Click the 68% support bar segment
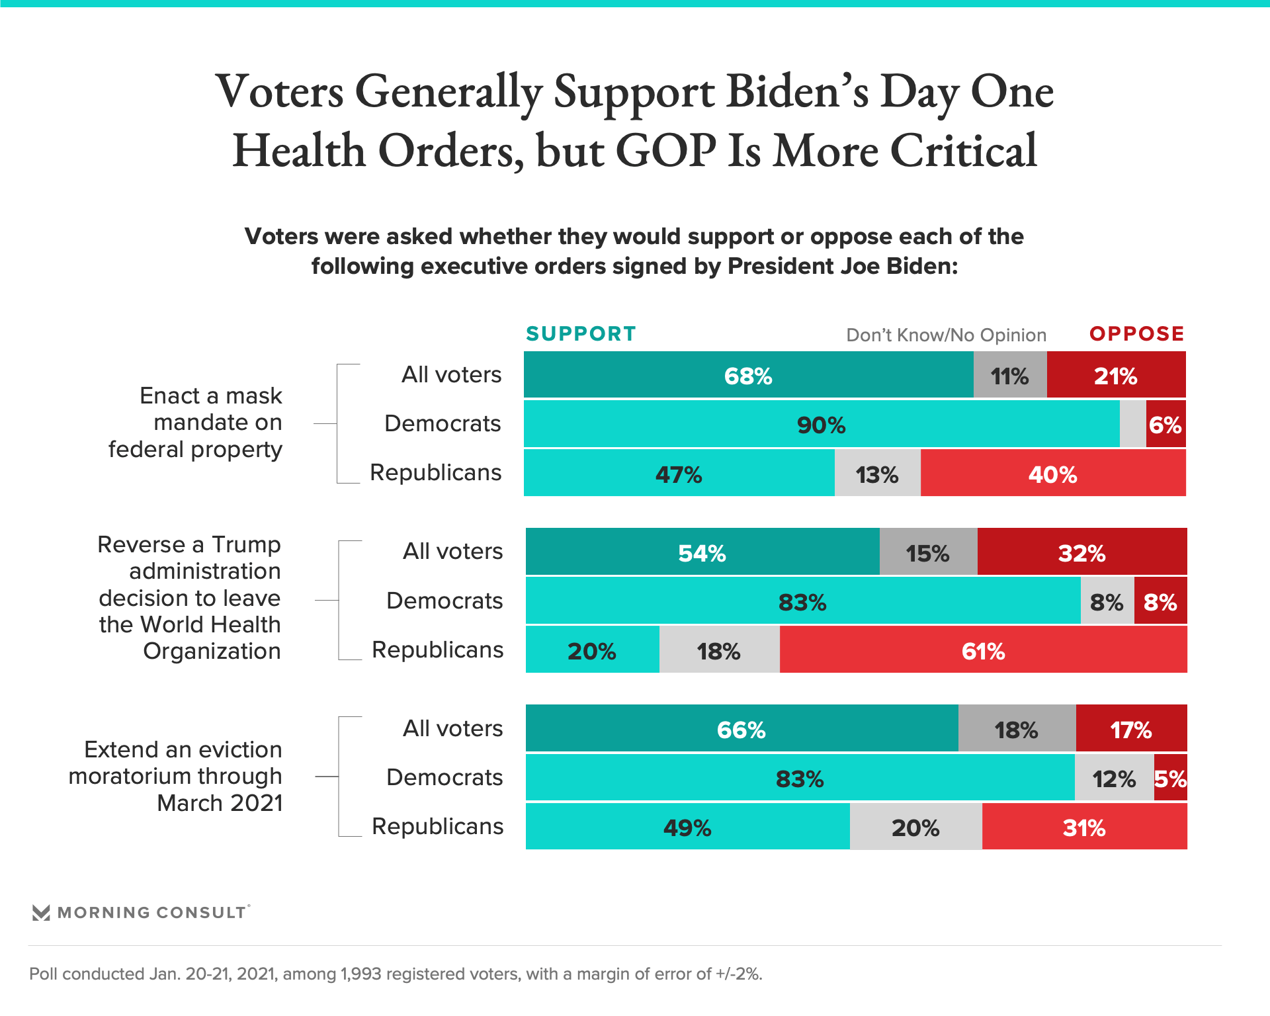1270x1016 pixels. (748, 375)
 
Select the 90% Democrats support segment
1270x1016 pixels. (821, 424)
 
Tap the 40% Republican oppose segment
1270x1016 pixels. (1052, 474)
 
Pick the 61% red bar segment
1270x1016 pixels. (983, 650)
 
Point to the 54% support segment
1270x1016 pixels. (702, 552)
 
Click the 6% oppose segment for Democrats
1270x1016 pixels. (1165, 424)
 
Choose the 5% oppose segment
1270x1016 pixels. (1170, 778)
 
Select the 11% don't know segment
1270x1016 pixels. (1009, 375)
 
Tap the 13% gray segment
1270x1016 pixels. (877, 474)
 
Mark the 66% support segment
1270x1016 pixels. (741, 729)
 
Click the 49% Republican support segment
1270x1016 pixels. (687, 827)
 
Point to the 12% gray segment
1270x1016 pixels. (1114, 778)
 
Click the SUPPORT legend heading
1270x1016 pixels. (581, 334)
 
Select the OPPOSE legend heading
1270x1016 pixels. (1136, 334)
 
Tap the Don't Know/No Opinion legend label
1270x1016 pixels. (946, 335)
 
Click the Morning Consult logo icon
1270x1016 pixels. (41, 913)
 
